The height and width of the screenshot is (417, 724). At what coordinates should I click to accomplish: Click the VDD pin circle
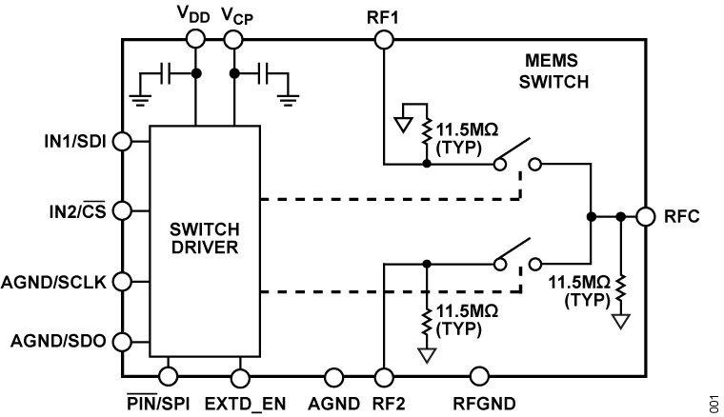click(195, 38)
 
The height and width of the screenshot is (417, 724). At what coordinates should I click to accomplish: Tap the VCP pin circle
click(233, 38)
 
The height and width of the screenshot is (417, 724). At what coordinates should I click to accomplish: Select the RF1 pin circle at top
click(384, 38)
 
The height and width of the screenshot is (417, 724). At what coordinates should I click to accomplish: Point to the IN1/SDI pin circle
click(122, 141)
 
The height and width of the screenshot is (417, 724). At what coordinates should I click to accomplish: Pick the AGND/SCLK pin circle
click(122, 282)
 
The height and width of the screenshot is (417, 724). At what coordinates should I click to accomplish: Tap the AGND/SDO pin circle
click(122, 341)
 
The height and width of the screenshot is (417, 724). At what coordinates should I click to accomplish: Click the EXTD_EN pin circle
click(239, 378)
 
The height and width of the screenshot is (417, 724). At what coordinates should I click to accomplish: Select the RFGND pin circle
click(476, 378)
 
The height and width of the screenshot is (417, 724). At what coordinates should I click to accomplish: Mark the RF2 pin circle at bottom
click(384, 378)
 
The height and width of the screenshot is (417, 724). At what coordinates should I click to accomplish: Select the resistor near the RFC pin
click(621, 286)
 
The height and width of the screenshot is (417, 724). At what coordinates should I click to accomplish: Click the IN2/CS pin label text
click(79, 210)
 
